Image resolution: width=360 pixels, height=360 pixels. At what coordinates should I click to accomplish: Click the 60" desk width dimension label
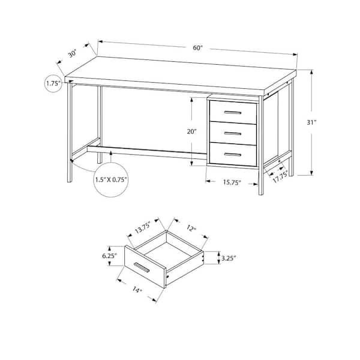(198, 48)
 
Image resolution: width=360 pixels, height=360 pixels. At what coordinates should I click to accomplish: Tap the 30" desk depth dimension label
(73, 54)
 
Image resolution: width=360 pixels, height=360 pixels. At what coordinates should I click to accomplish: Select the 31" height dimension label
(311, 122)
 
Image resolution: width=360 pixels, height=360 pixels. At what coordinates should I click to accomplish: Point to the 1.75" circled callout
(53, 83)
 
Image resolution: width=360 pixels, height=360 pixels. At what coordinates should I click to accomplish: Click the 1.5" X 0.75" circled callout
(111, 179)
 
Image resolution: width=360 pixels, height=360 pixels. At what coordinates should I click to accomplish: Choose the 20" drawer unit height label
(192, 131)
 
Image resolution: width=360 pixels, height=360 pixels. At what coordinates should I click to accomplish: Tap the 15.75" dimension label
(232, 182)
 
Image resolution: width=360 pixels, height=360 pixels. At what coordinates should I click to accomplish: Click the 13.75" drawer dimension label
(143, 227)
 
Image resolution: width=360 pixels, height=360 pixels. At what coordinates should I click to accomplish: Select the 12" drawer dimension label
(191, 228)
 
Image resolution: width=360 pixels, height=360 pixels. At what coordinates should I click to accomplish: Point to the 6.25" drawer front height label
(110, 256)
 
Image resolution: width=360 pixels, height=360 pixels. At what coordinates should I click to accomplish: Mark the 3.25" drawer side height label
(229, 258)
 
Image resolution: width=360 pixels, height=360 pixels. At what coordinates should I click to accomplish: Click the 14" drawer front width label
(137, 290)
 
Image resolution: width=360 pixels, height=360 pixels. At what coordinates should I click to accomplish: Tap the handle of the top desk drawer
(233, 113)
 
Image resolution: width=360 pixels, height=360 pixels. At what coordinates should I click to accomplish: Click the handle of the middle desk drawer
(233, 133)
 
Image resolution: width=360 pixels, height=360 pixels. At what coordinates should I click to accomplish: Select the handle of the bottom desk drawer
(233, 155)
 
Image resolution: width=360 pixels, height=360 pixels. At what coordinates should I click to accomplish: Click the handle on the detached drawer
(142, 268)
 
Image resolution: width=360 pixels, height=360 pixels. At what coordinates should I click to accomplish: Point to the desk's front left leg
(70, 132)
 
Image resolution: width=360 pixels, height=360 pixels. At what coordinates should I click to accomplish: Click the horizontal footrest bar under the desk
(147, 152)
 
